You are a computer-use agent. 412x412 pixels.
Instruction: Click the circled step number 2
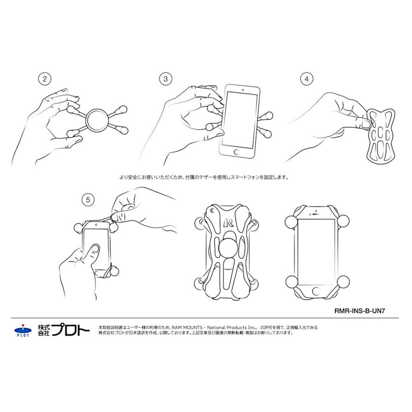coord(44,79)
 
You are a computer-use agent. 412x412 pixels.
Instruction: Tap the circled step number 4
coord(306,79)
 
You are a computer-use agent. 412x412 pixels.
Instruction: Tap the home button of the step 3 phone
coord(237,151)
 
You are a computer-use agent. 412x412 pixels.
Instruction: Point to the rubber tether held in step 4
coord(380,135)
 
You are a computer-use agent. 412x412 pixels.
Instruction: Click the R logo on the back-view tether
coord(228,223)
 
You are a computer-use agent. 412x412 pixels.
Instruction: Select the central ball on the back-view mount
coord(228,249)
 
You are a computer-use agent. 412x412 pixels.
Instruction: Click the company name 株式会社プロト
coord(64,330)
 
